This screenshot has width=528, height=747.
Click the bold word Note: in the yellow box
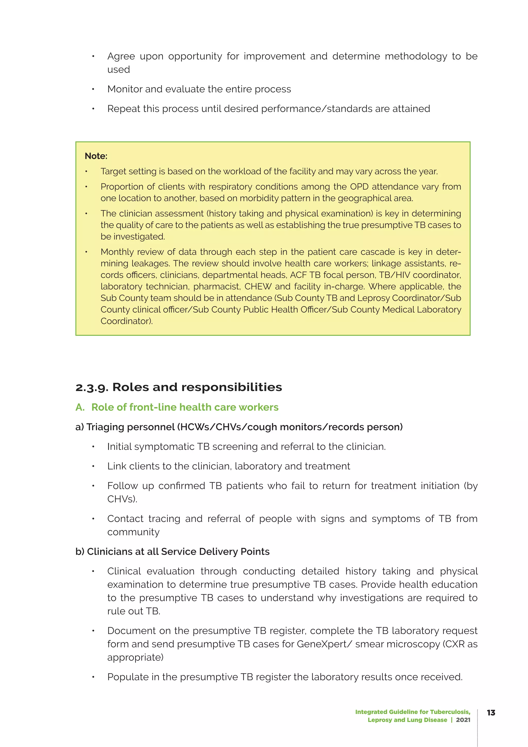(x=96, y=156)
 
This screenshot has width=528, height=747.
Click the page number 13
(x=491, y=712)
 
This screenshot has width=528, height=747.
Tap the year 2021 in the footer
(x=463, y=720)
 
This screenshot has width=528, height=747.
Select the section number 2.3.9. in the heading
(x=92, y=387)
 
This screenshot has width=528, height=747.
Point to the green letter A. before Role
(x=80, y=407)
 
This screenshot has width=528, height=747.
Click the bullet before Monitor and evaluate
(x=93, y=89)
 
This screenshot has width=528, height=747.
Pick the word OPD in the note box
(x=359, y=187)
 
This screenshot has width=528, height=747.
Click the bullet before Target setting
(x=86, y=172)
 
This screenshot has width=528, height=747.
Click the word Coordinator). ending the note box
(x=127, y=321)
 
